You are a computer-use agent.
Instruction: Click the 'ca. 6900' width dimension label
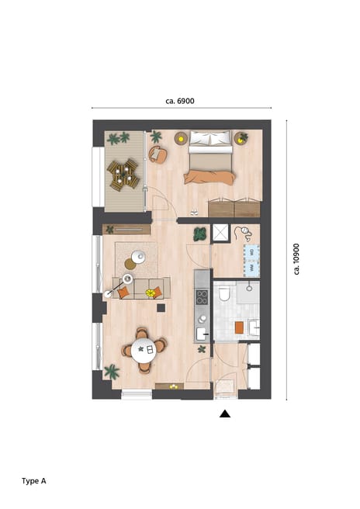[180, 101]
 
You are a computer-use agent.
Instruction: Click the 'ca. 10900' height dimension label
[296, 259]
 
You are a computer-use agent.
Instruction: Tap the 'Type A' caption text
[34, 481]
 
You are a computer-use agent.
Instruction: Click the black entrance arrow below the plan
[225, 414]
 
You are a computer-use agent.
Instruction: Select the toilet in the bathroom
[223, 293]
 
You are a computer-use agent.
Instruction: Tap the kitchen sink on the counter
[201, 333]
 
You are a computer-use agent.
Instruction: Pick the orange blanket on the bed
[209, 176]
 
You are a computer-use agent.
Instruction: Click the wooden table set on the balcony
[123, 175]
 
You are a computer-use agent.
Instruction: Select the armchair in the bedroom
[157, 154]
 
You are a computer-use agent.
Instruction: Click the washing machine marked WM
[251, 266]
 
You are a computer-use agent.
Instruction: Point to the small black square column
[161, 307]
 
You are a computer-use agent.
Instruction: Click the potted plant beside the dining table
[112, 372]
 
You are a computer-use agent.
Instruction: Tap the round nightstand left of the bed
[181, 139]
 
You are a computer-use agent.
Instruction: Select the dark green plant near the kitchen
[200, 234]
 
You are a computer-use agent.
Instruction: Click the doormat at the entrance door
[224, 385]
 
